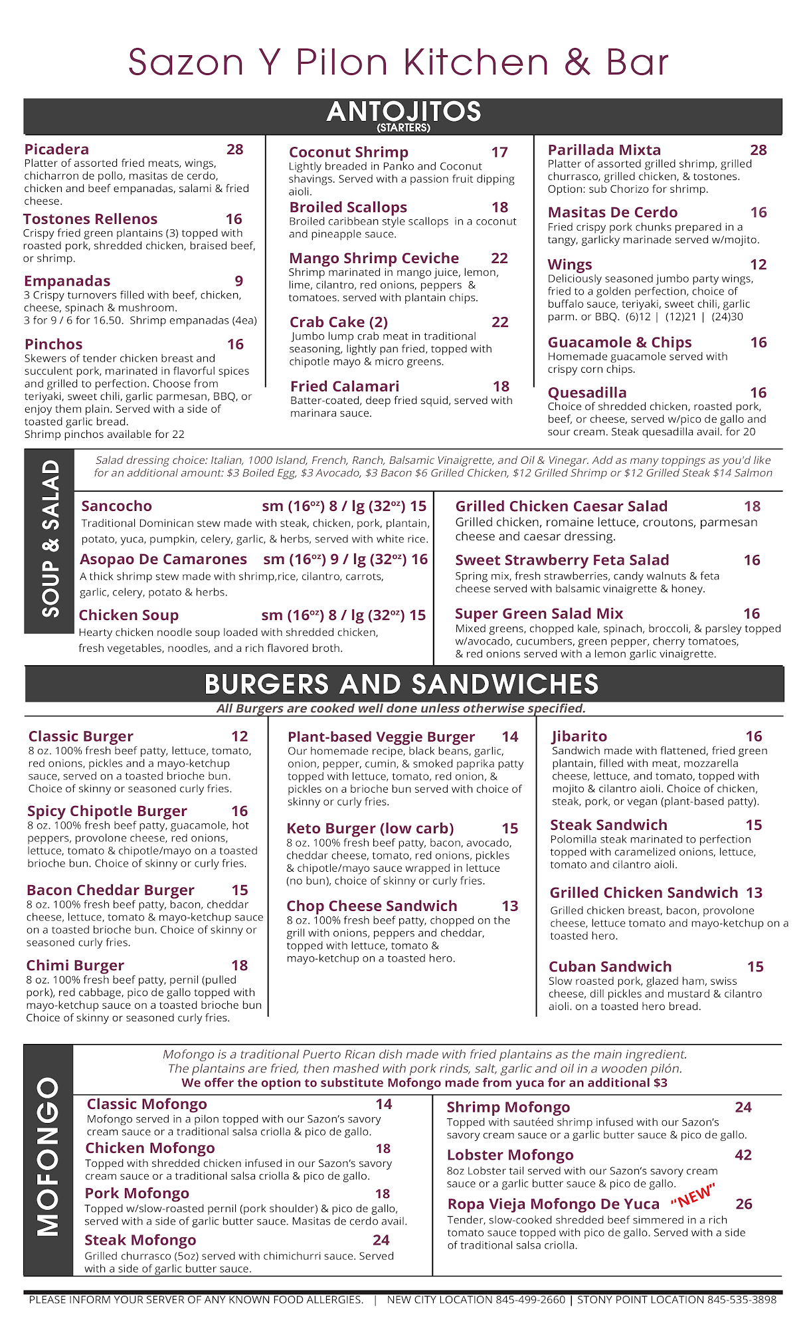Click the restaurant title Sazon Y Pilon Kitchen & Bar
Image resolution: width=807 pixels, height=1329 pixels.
tap(399, 62)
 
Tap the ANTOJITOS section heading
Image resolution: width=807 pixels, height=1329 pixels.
tap(404, 112)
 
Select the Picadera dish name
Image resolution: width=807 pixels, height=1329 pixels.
tap(56, 150)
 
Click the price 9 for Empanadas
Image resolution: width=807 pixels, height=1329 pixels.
tap(239, 281)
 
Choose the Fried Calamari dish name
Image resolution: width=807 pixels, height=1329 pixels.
tap(345, 387)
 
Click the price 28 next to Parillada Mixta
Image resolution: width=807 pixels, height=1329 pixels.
tap(759, 150)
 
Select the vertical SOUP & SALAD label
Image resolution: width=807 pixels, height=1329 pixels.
tap(50, 540)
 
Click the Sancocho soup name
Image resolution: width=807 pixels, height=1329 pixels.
tap(116, 506)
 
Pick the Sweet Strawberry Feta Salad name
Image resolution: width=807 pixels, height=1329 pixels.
tap(562, 560)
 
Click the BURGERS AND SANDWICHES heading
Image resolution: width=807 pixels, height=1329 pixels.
tap(402, 684)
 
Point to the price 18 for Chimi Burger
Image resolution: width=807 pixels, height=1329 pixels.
tap(240, 966)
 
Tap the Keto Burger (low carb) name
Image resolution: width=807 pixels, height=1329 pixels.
tap(370, 829)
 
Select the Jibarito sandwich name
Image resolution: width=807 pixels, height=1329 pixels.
tap(579, 736)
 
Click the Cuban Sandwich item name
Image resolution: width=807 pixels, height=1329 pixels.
tap(610, 967)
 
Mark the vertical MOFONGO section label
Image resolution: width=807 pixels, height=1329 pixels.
tap(48, 1157)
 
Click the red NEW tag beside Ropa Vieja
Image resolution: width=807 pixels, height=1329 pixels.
tap(693, 1195)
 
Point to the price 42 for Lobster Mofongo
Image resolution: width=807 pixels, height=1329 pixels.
tap(743, 1155)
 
